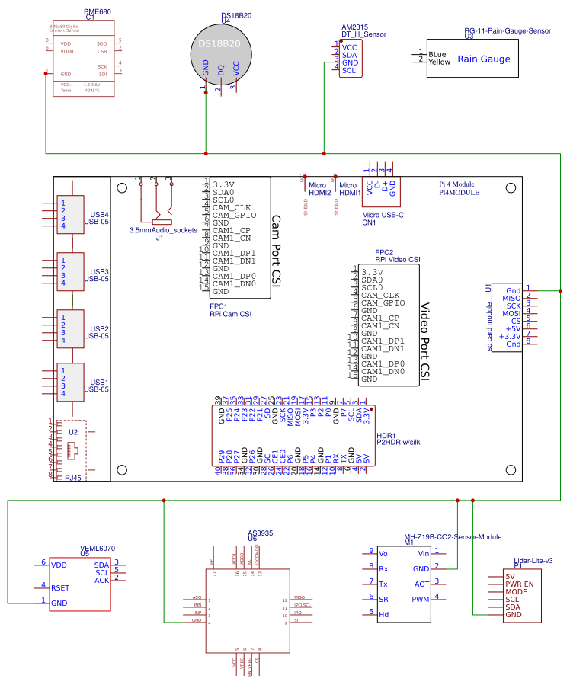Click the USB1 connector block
click(70, 383)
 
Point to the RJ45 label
click(73, 479)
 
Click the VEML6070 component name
click(98, 548)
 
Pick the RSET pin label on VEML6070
click(61, 587)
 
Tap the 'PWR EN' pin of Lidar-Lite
click(520, 584)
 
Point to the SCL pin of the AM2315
click(349, 70)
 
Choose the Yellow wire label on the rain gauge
click(439, 62)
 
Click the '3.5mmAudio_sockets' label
click(163, 230)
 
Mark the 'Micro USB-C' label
click(383, 215)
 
